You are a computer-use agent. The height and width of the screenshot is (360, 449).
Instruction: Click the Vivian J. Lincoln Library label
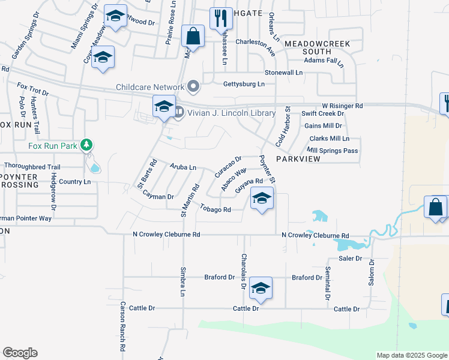point(232,113)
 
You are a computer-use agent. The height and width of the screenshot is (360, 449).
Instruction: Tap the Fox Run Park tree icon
point(87,145)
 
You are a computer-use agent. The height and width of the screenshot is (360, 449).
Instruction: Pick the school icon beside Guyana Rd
point(262,198)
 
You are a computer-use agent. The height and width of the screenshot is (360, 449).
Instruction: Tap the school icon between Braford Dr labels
point(261,288)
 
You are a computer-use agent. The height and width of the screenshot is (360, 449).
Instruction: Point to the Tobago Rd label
point(215,209)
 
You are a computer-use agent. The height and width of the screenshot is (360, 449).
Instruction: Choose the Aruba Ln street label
point(183,167)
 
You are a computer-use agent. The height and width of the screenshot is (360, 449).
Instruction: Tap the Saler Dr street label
point(351,258)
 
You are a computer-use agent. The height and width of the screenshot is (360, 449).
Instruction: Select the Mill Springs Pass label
point(332,150)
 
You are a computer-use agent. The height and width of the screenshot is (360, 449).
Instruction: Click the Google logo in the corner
point(20,353)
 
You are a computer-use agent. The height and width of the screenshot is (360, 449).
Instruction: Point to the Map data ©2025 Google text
point(411,355)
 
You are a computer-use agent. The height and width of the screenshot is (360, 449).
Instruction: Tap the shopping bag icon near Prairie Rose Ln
point(193,36)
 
